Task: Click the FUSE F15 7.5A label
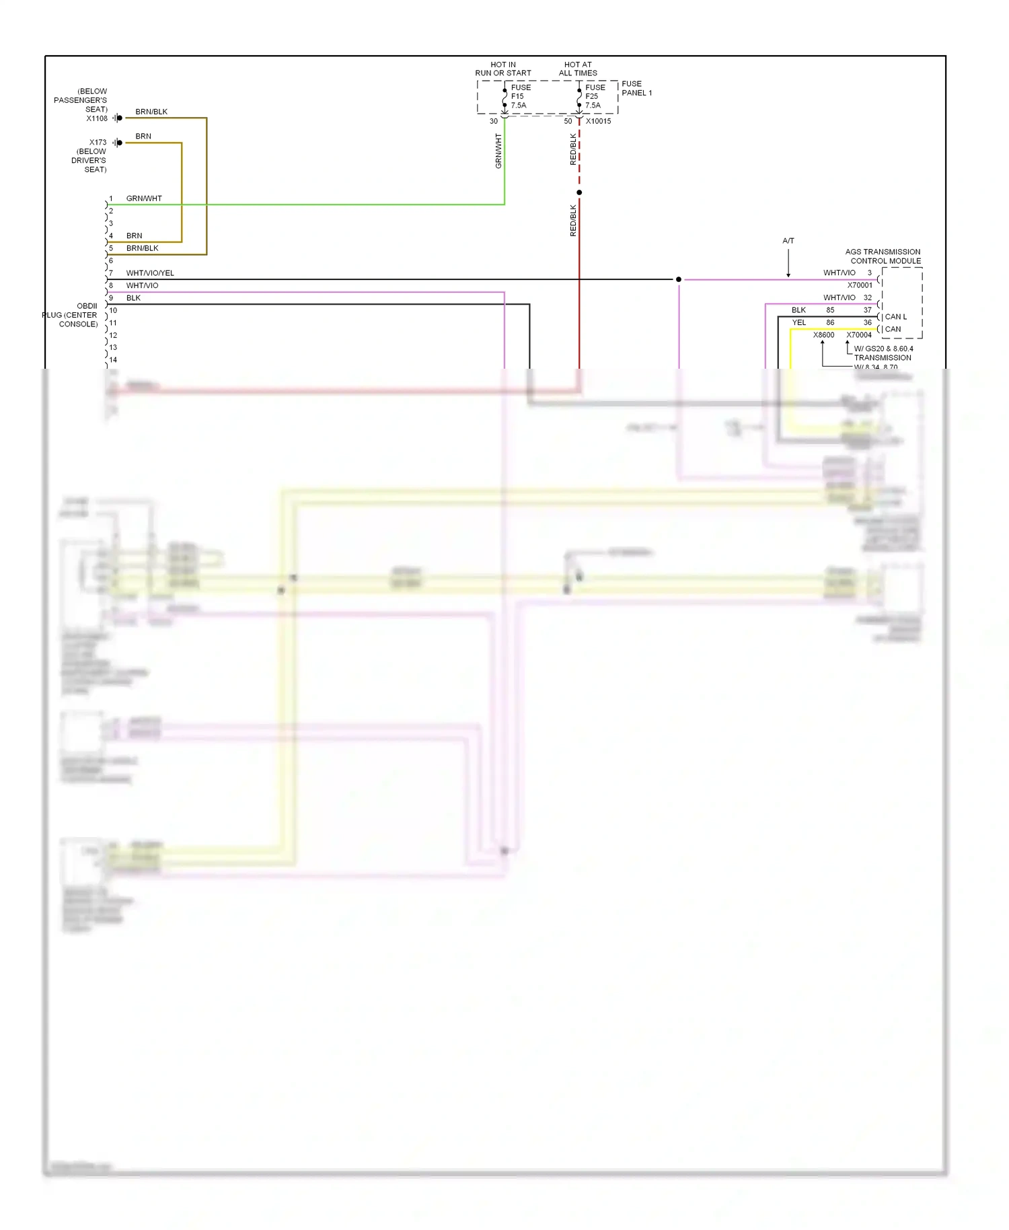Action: point(520,96)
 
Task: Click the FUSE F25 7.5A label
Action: point(595,96)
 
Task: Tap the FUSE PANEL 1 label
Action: point(636,88)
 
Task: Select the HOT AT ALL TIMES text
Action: point(578,69)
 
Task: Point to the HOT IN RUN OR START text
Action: point(503,69)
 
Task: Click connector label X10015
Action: point(598,121)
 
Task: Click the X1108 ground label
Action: point(97,118)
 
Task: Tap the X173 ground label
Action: point(98,143)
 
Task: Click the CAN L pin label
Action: point(895,317)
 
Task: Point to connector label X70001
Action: point(859,285)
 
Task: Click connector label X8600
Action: point(823,335)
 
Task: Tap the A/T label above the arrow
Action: point(788,241)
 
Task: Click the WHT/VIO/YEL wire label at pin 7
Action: point(150,273)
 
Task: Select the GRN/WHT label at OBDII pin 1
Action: point(144,198)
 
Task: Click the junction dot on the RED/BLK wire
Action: point(579,192)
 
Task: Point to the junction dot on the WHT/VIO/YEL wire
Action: point(679,279)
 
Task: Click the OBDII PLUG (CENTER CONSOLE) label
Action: point(71,315)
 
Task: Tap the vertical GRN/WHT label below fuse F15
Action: point(498,151)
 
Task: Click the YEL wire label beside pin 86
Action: point(798,323)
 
